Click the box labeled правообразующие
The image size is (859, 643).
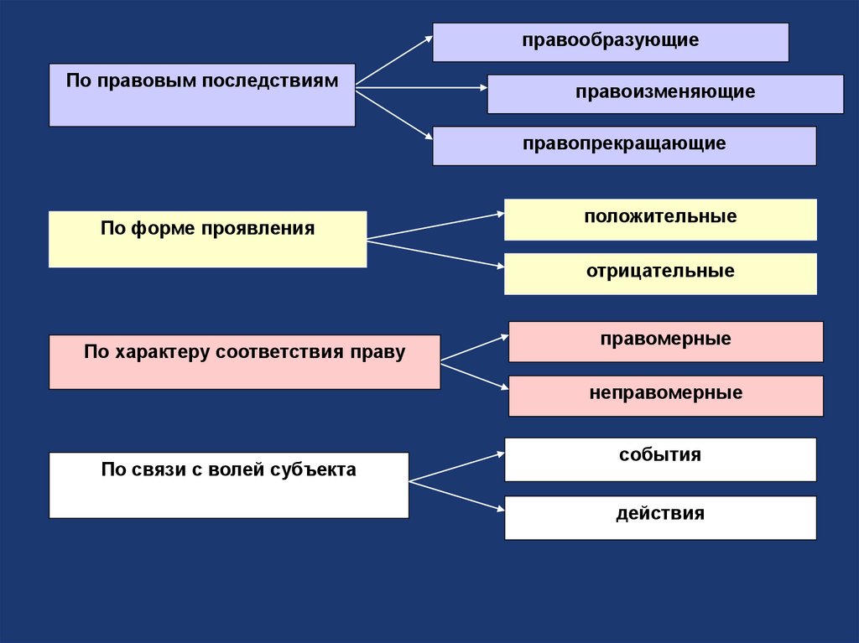click(x=610, y=42)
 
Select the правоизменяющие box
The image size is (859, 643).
click(x=664, y=93)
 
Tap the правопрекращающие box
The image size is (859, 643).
click(x=624, y=145)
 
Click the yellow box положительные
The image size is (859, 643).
click(x=660, y=220)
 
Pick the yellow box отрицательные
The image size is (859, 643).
click(x=660, y=273)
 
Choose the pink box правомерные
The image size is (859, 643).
click(x=665, y=341)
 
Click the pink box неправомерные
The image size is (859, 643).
click(x=665, y=395)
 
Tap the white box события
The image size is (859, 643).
click(x=660, y=459)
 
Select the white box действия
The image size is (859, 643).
click(x=660, y=516)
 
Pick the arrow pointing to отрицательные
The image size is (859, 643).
click(x=436, y=254)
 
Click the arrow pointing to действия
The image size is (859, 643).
click(x=457, y=495)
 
